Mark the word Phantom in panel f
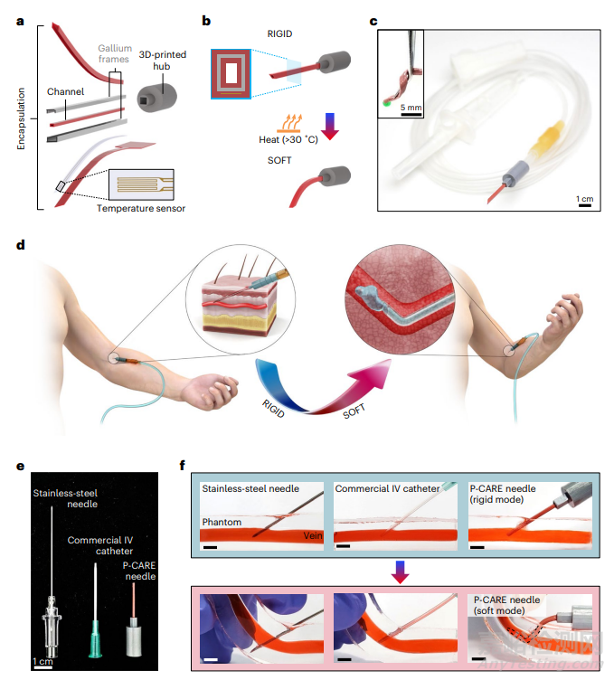point(222,523)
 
